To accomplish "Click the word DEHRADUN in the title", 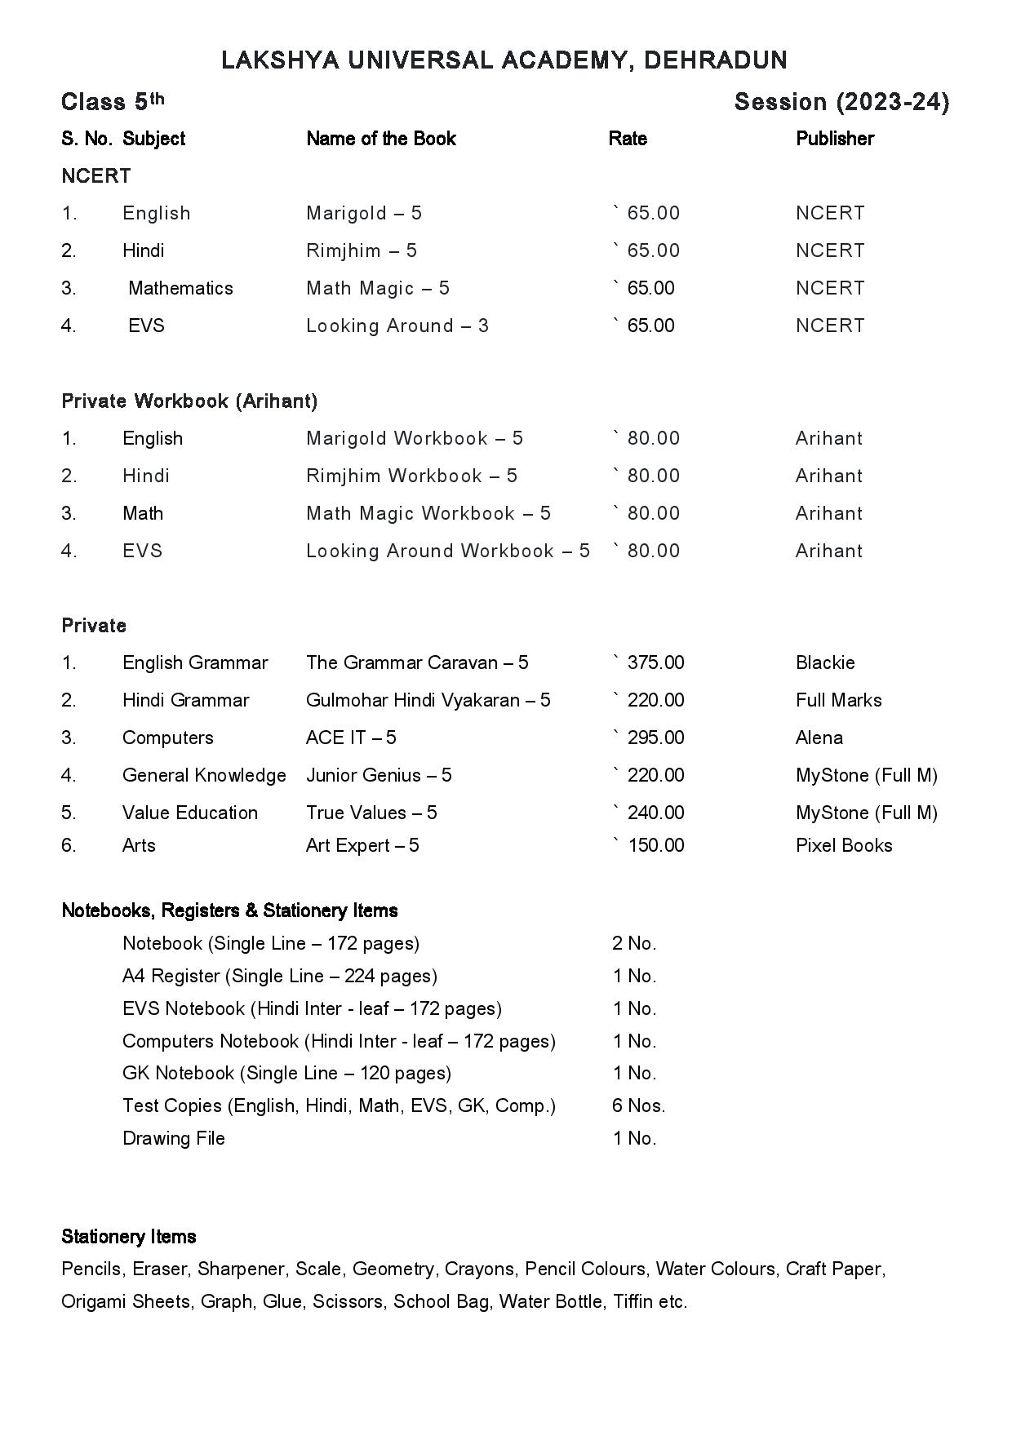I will [x=715, y=60].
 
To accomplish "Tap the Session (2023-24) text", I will [x=841, y=102].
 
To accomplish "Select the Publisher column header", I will [x=834, y=139].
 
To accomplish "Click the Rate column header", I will [x=627, y=139].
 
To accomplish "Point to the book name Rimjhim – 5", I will [x=361, y=250].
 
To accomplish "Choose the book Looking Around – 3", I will [x=397, y=326].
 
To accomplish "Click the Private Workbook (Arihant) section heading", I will [x=189, y=401].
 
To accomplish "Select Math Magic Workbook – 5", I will [x=428, y=513].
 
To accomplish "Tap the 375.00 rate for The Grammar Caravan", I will [x=655, y=662].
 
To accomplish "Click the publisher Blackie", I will [x=824, y=662].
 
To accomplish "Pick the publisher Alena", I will [x=819, y=738].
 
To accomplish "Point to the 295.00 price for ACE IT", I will [x=655, y=738].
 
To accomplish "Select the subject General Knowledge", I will [x=204, y=775].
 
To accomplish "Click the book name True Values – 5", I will [x=371, y=813].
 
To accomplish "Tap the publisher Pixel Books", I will [x=843, y=845].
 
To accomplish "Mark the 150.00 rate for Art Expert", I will [x=655, y=845].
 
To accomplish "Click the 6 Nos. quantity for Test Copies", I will [x=638, y=1105].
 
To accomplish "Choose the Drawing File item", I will [x=173, y=1138].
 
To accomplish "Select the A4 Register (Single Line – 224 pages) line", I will [x=279, y=976].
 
